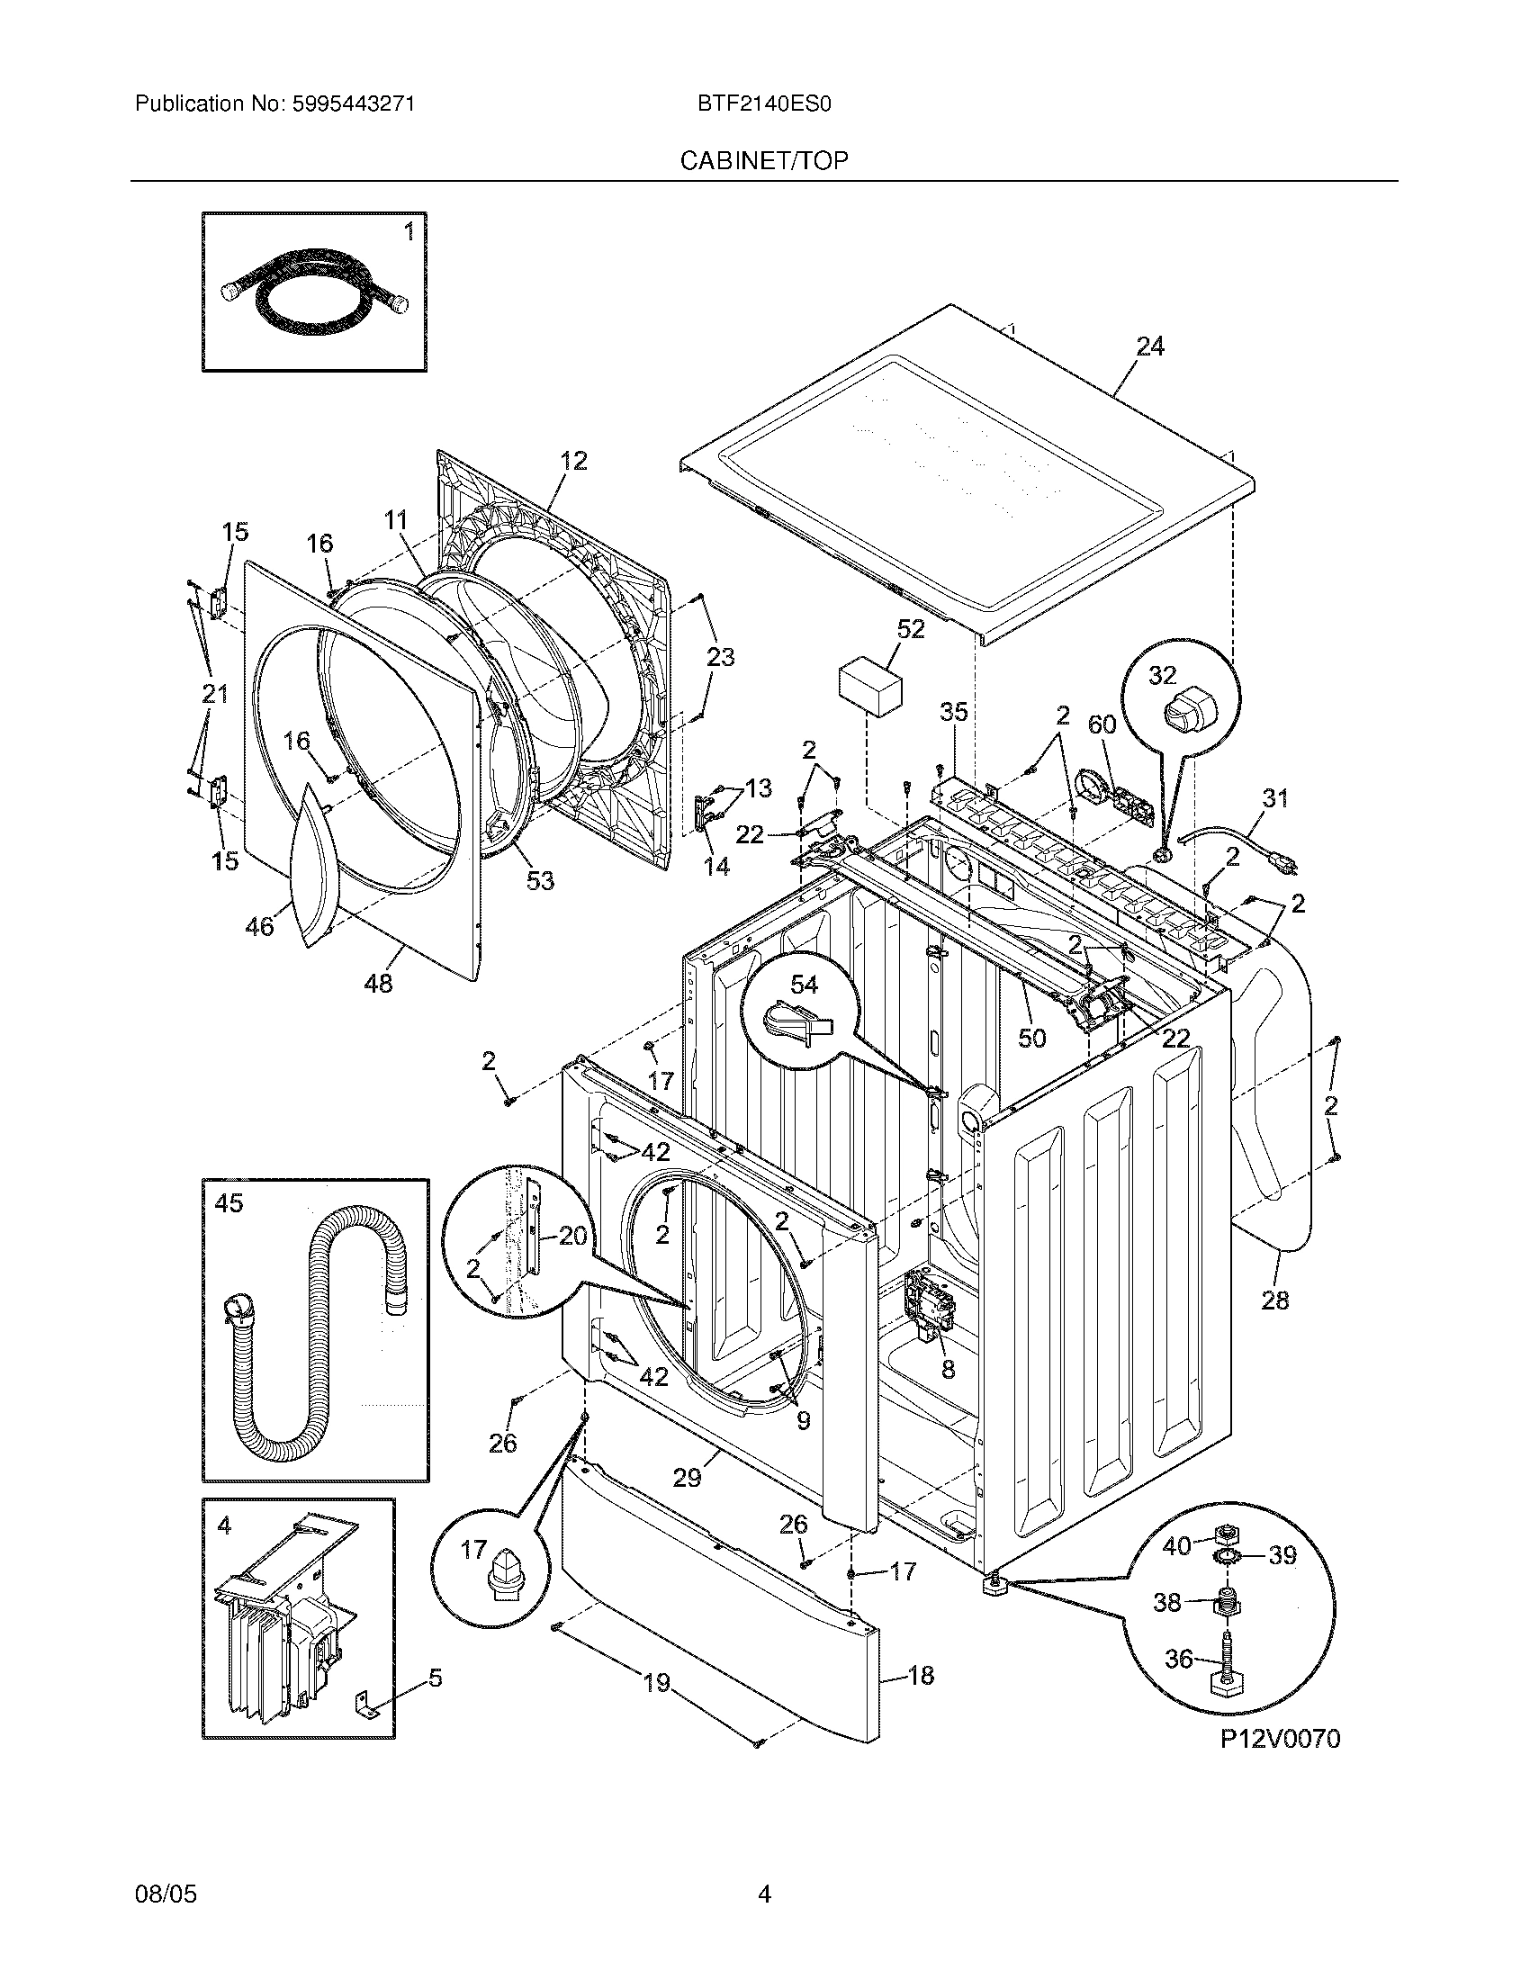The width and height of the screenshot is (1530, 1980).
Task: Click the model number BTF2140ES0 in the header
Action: pyautogui.click(x=764, y=104)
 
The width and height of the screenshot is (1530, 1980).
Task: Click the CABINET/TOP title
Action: pyautogui.click(x=764, y=160)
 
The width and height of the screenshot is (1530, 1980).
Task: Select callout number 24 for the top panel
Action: pyautogui.click(x=1149, y=346)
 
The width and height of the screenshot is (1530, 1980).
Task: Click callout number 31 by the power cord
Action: pyautogui.click(x=1274, y=797)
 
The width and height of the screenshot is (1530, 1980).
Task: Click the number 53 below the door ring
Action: pyautogui.click(x=540, y=880)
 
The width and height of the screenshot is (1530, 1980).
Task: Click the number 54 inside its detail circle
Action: pyautogui.click(x=803, y=984)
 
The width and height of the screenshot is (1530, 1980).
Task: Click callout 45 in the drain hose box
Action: pyautogui.click(x=229, y=1203)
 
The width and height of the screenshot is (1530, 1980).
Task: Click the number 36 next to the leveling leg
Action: pyautogui.click(x=1178, y=1659)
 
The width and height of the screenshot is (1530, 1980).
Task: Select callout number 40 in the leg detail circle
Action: pyautogui.click(x=1176, y=1544)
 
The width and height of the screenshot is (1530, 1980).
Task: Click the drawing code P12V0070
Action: pyautogui.click(x=1279, y=1738)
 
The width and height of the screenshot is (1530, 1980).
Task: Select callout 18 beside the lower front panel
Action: pyautogui.click(x=920, y=1676)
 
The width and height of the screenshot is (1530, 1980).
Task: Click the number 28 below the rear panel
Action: pyautogui.click(x=1274, y=1300)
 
